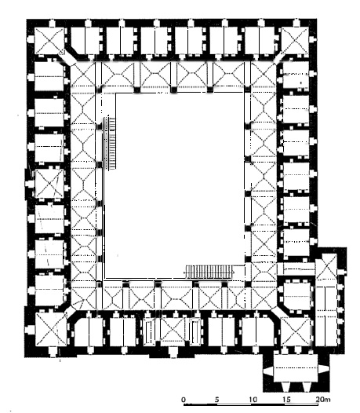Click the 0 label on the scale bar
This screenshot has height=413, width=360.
coord(184,400)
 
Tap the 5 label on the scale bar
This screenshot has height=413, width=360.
coord(216,400)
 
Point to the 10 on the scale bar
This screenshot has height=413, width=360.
coord(253,400)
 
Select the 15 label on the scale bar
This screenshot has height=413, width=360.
coord(287,400)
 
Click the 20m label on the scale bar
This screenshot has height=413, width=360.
coord(323,400)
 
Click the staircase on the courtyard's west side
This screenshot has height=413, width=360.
coord(110,144)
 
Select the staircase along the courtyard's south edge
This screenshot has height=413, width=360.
coord(209,272)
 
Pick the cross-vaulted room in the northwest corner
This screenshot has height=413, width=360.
coord(49,42)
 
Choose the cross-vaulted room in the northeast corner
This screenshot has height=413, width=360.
coord(295,42)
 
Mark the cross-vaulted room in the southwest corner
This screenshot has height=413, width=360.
coord(51,329)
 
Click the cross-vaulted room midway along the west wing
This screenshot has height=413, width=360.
coord(49,184)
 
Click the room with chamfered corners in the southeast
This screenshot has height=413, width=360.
coord(296,295)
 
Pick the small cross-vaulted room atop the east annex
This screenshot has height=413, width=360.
coord(326,266)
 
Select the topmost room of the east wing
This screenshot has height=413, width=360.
coord(295,75)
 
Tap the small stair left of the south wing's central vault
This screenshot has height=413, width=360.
coord(149,331)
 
